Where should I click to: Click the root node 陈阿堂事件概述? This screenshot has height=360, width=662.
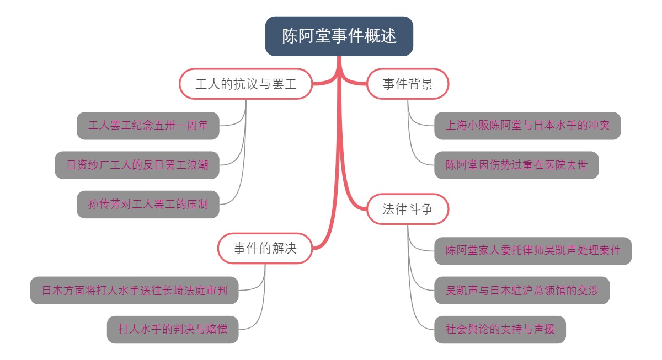coord(339,36)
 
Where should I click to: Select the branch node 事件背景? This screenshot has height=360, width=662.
coord(407,84)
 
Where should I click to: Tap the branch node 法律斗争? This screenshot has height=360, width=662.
coord(407,209)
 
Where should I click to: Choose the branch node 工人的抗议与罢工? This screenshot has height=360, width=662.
coord(246,84)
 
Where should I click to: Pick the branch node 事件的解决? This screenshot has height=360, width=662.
coord(265,248)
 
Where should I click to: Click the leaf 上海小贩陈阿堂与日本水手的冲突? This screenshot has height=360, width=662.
coord(527,126)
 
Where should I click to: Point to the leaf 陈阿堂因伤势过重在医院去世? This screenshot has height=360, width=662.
coord(516,165)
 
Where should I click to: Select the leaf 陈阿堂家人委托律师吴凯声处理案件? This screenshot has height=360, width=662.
coord(533,251)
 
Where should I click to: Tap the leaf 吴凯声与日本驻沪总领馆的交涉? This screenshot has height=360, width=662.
coord(522,290)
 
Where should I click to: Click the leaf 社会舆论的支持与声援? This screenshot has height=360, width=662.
coord(500,330)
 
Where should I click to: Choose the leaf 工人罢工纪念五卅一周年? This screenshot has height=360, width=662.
coord(148,126)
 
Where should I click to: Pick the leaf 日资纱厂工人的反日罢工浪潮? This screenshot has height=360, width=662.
coord(137,165)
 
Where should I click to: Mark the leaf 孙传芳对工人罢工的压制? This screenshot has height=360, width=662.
coord(148,204)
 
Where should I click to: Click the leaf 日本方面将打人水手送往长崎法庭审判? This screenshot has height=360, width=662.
coord(134,290)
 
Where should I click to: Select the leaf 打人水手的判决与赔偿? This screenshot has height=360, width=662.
coord(173,330)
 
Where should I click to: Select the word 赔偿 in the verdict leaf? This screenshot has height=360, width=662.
coord(216,330)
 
